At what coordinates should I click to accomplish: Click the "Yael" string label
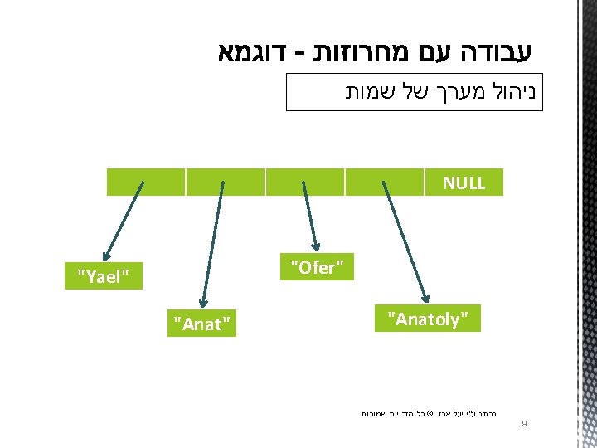pyautogui.click(x=104, y=277)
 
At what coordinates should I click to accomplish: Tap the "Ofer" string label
pyautogui.click(x=317, y=267)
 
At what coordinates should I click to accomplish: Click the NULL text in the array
pyautogui.click(x=464, y=183)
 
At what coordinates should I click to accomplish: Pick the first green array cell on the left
pyautogui.click(x=145, y=182)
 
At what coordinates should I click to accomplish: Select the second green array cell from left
pyautogui.click(x=225, y=182)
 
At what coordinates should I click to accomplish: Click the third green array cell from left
pyautogui.click(x=304, y=182)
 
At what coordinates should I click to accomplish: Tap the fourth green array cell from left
pyautogui.click(x=384, y=182)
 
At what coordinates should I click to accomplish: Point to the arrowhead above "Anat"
pyautogui.click(x=200, y=302)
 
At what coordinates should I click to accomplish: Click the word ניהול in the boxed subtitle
pyautogui.click(x=512, y=91)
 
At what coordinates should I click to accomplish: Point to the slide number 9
pyautogui.click(x=524, y=424)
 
